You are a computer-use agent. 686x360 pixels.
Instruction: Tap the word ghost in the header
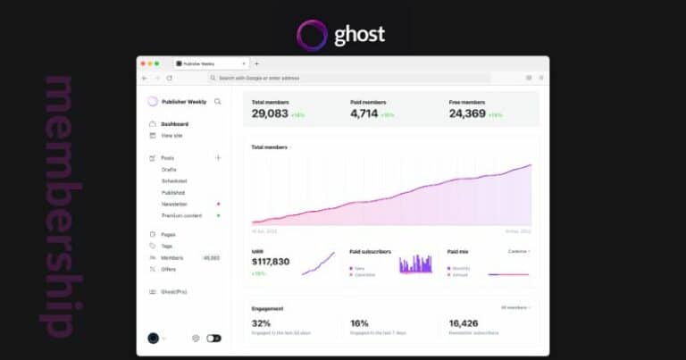pyautogui.click(x=359, y=35)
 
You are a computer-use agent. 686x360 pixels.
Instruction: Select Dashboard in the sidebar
pyautogui.click(x=174, y=123)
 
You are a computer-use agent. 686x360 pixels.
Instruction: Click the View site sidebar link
pyautogui.click(x=171, y=135)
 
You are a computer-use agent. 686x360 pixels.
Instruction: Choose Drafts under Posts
pyautogui.click(x=169, y=169)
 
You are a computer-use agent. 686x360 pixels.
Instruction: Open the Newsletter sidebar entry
pyautogui.click(x=174, y=204)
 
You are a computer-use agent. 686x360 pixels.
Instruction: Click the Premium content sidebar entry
pyautogui.click(x=181, y=215)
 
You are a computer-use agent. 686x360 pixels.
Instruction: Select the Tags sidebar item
pyautogui.click(x=166, y=246)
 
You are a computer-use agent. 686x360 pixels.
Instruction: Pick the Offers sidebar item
pyautogui.click(x=168, y=269)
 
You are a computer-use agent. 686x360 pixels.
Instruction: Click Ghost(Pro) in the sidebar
pyautogui.click(x=174, y=292)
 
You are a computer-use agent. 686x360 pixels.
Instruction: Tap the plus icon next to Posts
pyautogui.click(x=218, y=158)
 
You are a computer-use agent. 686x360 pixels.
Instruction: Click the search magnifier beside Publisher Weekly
pyautogui.click(x=218, y=102)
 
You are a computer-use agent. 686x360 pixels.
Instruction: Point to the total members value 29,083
pyautogui.click(x=270, y=113)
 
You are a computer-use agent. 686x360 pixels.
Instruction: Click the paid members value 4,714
pyautogui.click(x=364, y=113)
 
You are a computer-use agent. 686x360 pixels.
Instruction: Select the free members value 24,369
pyautogui.click(x=467, y=113)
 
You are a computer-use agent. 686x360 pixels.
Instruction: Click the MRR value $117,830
pyautogui.click(x=271, y=262)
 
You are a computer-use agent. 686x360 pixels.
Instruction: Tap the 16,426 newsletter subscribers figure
pyautogui.click(x=465, y=323)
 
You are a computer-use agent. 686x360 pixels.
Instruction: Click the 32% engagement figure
pyautogui.click(x=261, y=323)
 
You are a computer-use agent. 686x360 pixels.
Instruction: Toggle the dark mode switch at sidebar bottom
pyautogui.click(x=213, y=339)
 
